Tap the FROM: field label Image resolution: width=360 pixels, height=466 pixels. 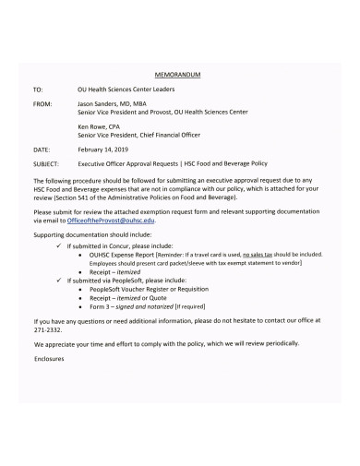42,106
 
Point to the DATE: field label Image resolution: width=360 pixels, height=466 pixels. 41,148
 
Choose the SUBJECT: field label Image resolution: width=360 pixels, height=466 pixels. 46,161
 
